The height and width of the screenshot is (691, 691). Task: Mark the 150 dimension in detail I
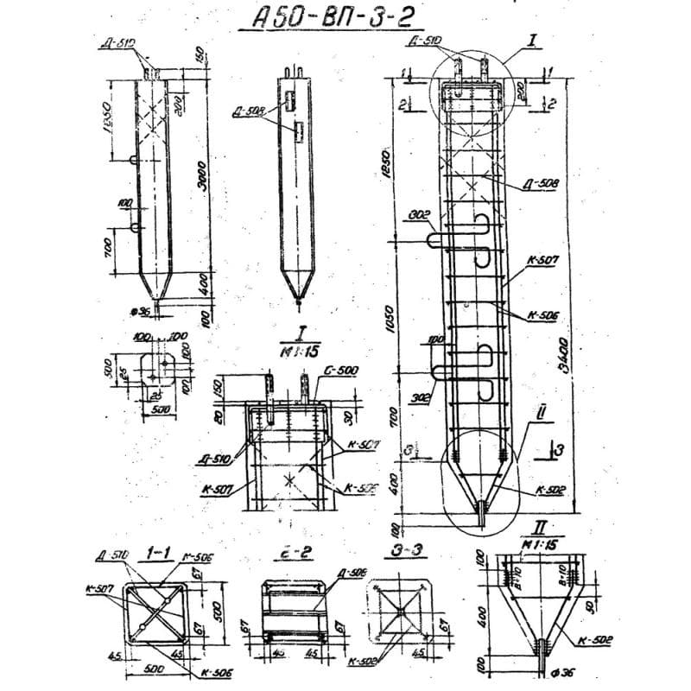pyautogui.click(x=219, y=385)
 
